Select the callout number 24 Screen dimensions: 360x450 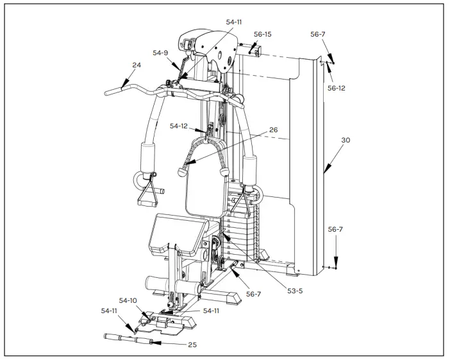(137, 65)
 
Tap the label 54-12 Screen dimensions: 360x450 (179, 126)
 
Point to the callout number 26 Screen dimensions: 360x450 (273, 130)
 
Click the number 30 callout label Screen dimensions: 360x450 (346, 140)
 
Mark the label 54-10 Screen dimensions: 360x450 (128, 300)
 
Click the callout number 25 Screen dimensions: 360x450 (192, 345)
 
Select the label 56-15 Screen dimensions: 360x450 (262, 34)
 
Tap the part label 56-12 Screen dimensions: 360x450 (337, 88)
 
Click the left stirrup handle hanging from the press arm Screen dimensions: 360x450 (147, 193)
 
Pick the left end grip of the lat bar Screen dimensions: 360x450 (113, 91)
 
